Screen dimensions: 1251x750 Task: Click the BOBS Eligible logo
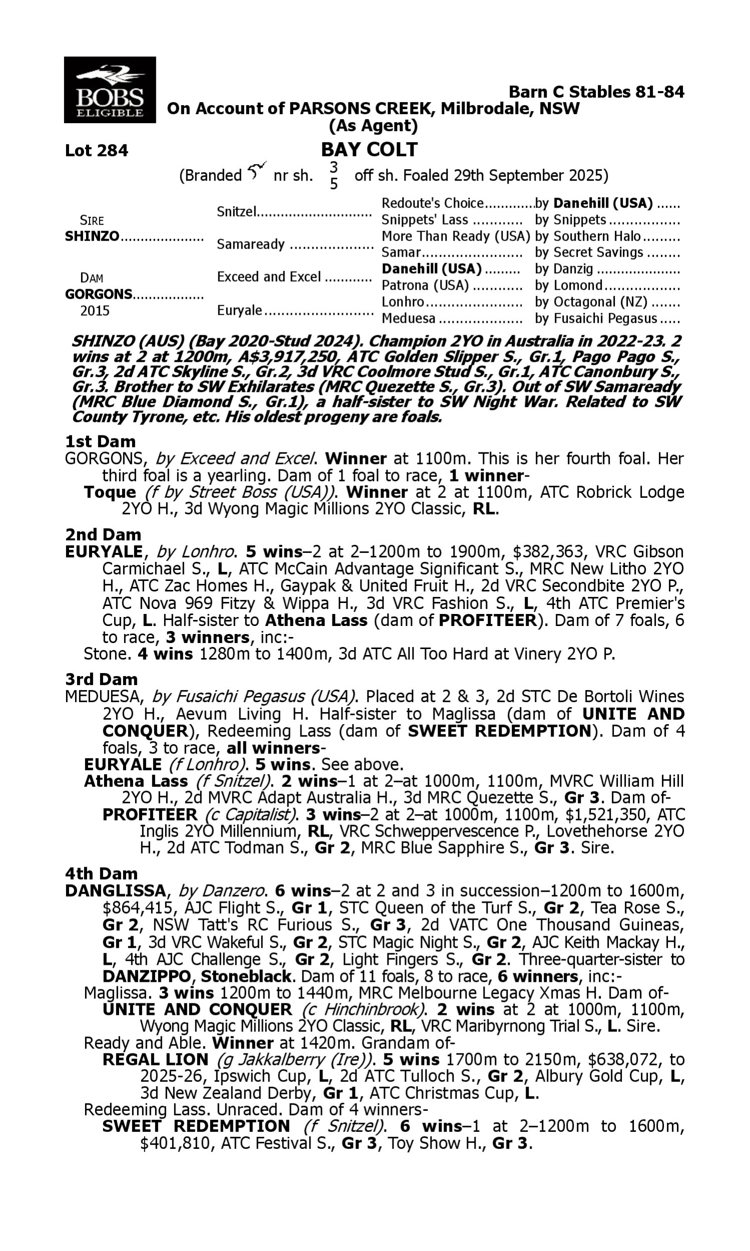pos(109,90)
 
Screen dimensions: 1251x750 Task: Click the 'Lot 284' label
pos(96,151)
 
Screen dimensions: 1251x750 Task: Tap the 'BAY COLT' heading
pos(369,150)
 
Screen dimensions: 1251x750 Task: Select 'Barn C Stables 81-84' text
pos(596,92)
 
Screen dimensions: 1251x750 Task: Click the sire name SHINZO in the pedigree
pos(92,237)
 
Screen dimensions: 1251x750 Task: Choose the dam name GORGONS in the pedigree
pos(98,294)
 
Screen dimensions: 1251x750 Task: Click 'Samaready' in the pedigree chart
pos(250,244)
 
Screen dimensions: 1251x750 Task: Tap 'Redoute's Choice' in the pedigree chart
pos(432,203)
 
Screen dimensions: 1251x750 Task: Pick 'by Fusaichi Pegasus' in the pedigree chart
pos(596,319)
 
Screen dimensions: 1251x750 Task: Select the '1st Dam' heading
pos(100,441)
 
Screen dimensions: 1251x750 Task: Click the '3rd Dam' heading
pos(101,679)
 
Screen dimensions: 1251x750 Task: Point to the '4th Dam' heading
pos(101,873)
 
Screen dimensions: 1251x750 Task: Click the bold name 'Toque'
pos(109,492)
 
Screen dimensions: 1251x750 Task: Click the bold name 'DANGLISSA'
pos(115,891)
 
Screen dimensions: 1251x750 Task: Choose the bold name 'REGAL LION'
pos(155,1059)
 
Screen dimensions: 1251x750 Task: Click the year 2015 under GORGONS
pos(95,310)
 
